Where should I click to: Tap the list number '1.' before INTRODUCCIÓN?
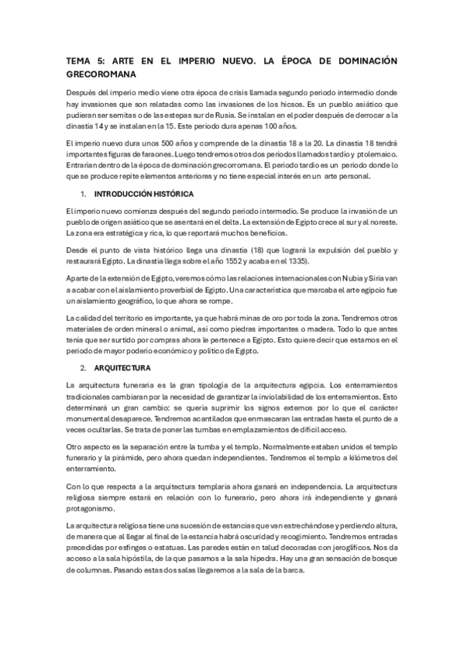click(85, 193)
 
